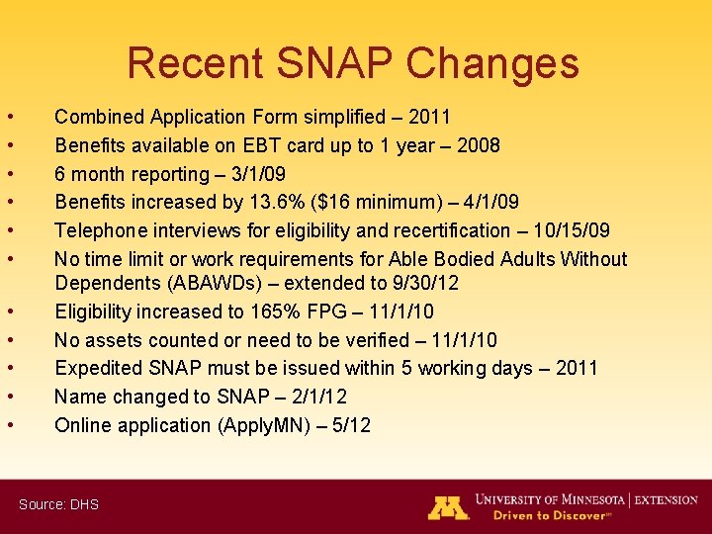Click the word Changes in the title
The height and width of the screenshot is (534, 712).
click(492, 63)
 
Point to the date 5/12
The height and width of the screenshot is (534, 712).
click(350, 425)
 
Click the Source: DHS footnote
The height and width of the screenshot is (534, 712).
click(58, 504)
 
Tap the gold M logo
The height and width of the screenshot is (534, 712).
click(448, 507)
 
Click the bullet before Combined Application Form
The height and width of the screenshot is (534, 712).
click(9, 118)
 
